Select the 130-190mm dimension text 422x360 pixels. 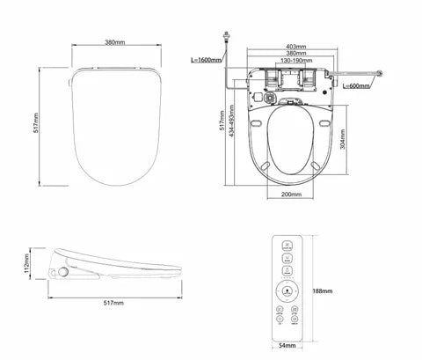(x=296, y=61)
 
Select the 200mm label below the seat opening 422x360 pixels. (x=291, y=194)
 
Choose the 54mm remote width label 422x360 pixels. (x=288, y=346)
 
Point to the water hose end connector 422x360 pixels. (x=380, y=73)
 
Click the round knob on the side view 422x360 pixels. (x=64, y=273)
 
